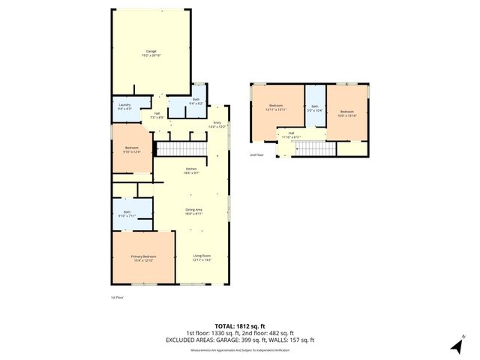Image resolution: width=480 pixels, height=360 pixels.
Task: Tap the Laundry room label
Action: click(x=124, y=106)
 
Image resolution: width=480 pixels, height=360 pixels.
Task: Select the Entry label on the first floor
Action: click(x=217, y=125)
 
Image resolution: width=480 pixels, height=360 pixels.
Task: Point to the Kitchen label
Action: click(x=191, y=171)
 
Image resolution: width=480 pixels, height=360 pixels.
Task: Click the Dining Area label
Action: click(x=193, y=211)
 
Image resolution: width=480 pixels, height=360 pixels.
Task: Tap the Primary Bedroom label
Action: click(x=142, y=259)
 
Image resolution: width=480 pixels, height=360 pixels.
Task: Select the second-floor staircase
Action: click(x=314, y=148)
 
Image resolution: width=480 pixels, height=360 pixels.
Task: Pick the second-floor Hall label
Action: click(x=291, y=136)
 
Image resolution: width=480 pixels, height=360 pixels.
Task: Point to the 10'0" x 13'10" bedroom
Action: click(x=348, y=114)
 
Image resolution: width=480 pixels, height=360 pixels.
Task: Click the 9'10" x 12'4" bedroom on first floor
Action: click(x=132, y=150)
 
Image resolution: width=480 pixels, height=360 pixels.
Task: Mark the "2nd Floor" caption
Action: click(x=256, y=155)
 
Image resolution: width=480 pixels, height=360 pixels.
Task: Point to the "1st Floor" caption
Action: click(x=116, y=298)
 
